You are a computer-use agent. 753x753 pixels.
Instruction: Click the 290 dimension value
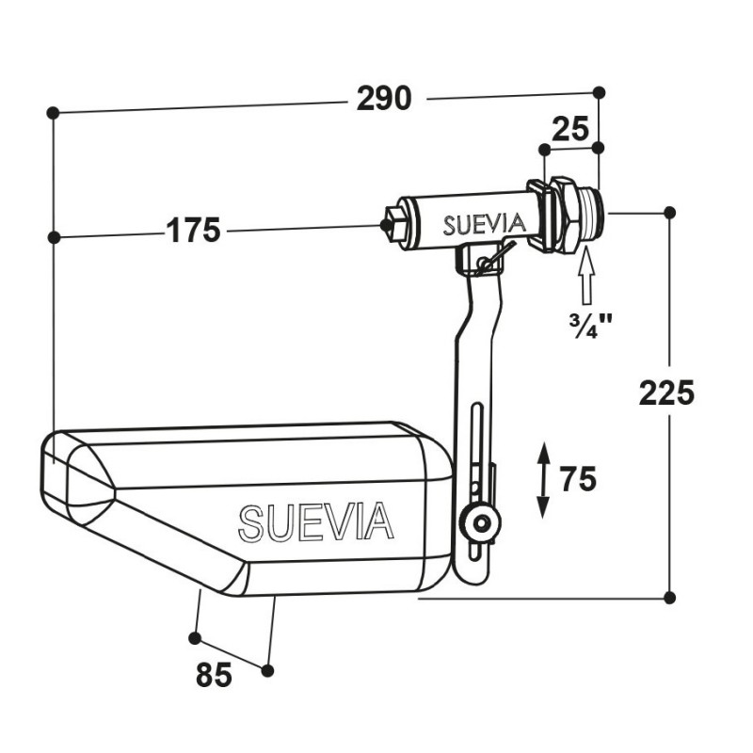(x=384, y=99)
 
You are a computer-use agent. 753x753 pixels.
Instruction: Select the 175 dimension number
(x=193, y=231)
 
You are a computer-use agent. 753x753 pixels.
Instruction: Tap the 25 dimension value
(x=570, y=129)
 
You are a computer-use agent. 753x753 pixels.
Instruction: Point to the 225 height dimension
(x=666, y=393)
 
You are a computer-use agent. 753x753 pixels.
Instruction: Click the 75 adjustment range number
(x=578, y=479)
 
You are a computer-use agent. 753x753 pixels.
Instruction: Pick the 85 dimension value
(x=214, y=675)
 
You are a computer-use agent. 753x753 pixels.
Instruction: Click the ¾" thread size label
(x=591, y=327)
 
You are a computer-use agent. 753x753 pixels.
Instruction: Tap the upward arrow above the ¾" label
(x=586, y=276)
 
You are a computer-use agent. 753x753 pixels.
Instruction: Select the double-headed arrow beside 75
(x=543, y=481)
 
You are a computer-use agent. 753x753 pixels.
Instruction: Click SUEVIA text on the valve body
(x=484, y=225)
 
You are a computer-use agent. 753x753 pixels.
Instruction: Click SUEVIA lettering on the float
(x=316, y=522)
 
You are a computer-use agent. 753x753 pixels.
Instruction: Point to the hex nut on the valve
(x=563, y=215)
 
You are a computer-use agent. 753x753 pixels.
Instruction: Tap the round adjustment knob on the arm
(x=480, y=522)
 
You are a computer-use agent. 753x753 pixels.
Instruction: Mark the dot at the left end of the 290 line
(x=53, y=113)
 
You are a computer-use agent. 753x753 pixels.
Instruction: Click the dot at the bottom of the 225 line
(x=670, y=598)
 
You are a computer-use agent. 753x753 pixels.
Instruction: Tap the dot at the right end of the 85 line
(x=268, y=670)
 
